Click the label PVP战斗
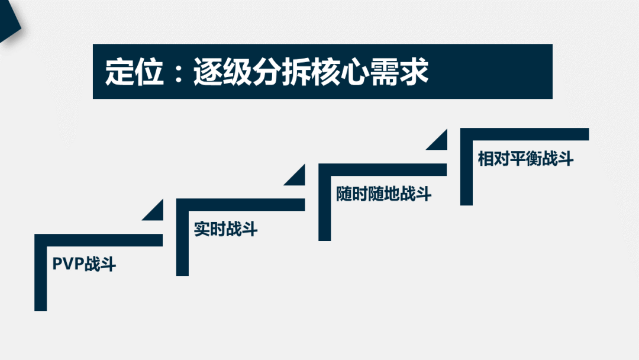coord(85,264)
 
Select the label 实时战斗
coord(226,229)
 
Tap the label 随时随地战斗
coord(383,194)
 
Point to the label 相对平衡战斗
coord(526,158)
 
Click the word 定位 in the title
coord(134,72)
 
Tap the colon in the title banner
coord(179,72)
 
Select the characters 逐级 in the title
coord(222,72)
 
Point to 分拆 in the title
coord(281,72)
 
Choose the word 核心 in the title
coord(340,72)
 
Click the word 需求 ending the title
coord(399,72)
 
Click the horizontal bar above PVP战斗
coord(99,240)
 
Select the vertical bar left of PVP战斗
coord(41,272)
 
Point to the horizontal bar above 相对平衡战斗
coord(524,134)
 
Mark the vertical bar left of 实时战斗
coord(183,237)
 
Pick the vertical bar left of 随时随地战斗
coord(324,202)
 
